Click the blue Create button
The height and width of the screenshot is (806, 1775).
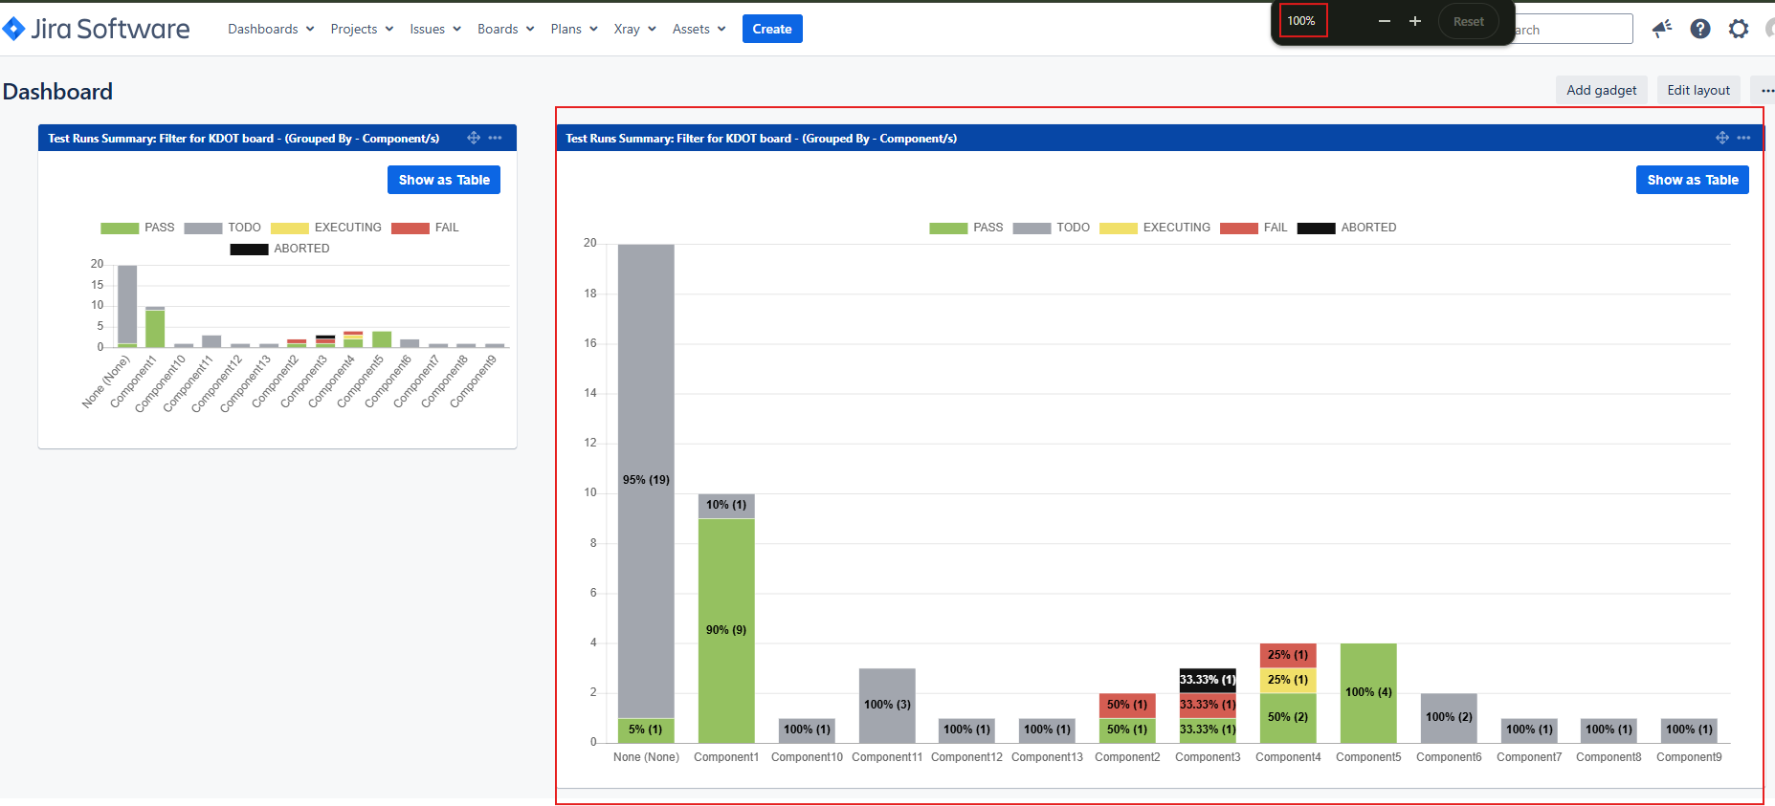click(772, 29)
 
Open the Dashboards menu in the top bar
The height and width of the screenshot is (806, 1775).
click(271, 29)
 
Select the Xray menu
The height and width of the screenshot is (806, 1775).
click(634, 29)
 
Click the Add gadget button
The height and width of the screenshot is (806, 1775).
click(1601, 90)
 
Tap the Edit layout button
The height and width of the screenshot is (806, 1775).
click(1698, 90)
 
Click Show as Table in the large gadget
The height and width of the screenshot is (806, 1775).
click(1692, 180)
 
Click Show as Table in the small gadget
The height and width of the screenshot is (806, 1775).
click(444, 180)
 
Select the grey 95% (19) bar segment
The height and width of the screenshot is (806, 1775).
click(646, 481)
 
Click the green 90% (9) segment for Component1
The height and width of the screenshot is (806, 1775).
click(726, 630)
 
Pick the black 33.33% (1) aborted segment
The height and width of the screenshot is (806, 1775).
click(1208, 680)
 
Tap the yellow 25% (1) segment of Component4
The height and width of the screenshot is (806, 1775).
click(1288, 680)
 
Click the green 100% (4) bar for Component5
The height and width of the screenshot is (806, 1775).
click(1368, 692)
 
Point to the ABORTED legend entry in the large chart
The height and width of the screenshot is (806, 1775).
click(1346, 228)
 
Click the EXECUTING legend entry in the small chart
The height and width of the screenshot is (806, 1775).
click(326, 228)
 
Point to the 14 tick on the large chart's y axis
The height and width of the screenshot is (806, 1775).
click(590, 393)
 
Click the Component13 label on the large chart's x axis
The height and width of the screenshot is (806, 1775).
click(1047, 757)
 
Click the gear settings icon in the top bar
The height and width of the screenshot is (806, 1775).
click(1739, 29)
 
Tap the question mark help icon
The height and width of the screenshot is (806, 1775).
click(1700, 29)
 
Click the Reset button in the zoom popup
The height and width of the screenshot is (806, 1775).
click(1469, 21)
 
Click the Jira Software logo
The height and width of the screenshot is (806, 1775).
click(97, 29)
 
